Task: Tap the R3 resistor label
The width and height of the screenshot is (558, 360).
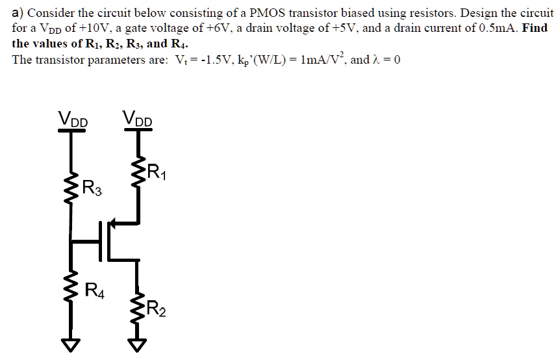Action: point(92,190)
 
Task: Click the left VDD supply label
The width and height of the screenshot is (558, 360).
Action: point(73,119)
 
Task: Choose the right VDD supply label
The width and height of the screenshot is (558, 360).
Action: point(137,119)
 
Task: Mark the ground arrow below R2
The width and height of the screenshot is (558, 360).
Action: point(138,344)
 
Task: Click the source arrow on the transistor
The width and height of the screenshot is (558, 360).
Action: point(114,224)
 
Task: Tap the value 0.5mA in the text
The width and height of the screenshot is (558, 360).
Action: point(496,29)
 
